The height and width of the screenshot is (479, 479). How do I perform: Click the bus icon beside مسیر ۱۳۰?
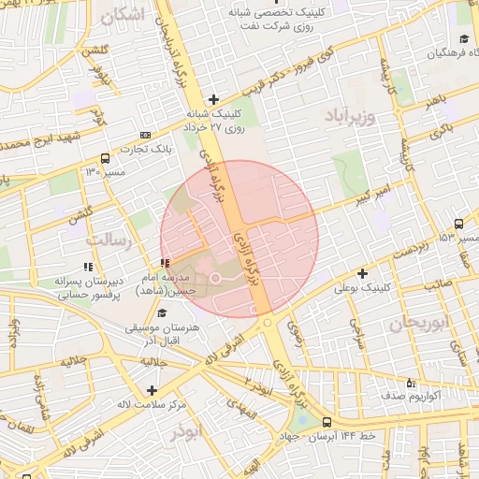104,158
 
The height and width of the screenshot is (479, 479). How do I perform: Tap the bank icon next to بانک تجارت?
144,136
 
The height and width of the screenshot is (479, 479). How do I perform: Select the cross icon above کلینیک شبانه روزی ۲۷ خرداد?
214,99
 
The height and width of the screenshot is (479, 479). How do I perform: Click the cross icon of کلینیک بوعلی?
362,273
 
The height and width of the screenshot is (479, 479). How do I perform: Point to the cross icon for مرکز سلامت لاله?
152,389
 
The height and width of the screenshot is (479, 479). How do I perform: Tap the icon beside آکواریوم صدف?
412,383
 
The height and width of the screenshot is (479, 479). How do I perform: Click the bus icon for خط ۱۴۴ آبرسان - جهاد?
327,422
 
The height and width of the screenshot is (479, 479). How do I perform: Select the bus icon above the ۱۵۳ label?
457,224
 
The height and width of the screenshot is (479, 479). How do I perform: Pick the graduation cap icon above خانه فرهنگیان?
464,39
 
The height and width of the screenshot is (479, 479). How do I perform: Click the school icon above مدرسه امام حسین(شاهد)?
165,264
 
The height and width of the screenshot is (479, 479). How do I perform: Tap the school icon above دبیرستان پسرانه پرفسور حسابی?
90,267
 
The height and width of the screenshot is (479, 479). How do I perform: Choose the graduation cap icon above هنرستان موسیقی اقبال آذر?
163,314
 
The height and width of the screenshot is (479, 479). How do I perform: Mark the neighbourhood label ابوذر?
185,432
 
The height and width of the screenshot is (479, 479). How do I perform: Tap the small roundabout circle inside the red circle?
214,278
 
